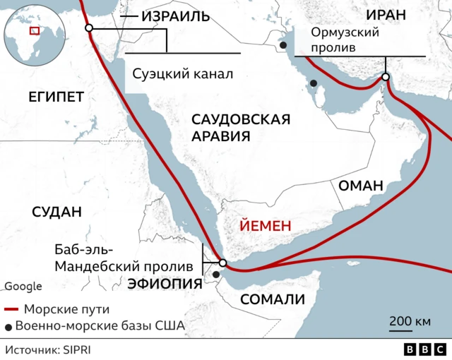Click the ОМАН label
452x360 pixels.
[x=361, y=186]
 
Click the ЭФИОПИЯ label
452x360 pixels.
[x=165, y=284]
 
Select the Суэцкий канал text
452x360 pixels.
[x=182, y=73]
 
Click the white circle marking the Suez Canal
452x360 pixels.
[x=89, y=28]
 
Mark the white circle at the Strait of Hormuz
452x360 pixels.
[x=386, y=77]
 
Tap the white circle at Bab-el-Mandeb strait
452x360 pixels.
[x=222, y=263]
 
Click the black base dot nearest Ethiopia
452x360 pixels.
[x=215, y=274]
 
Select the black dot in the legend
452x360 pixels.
[x=8, y=326]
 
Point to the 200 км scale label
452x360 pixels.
[x=410, y=322]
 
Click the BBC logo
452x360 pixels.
[x=424, y=349]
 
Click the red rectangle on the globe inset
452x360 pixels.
[x=33, y=30]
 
